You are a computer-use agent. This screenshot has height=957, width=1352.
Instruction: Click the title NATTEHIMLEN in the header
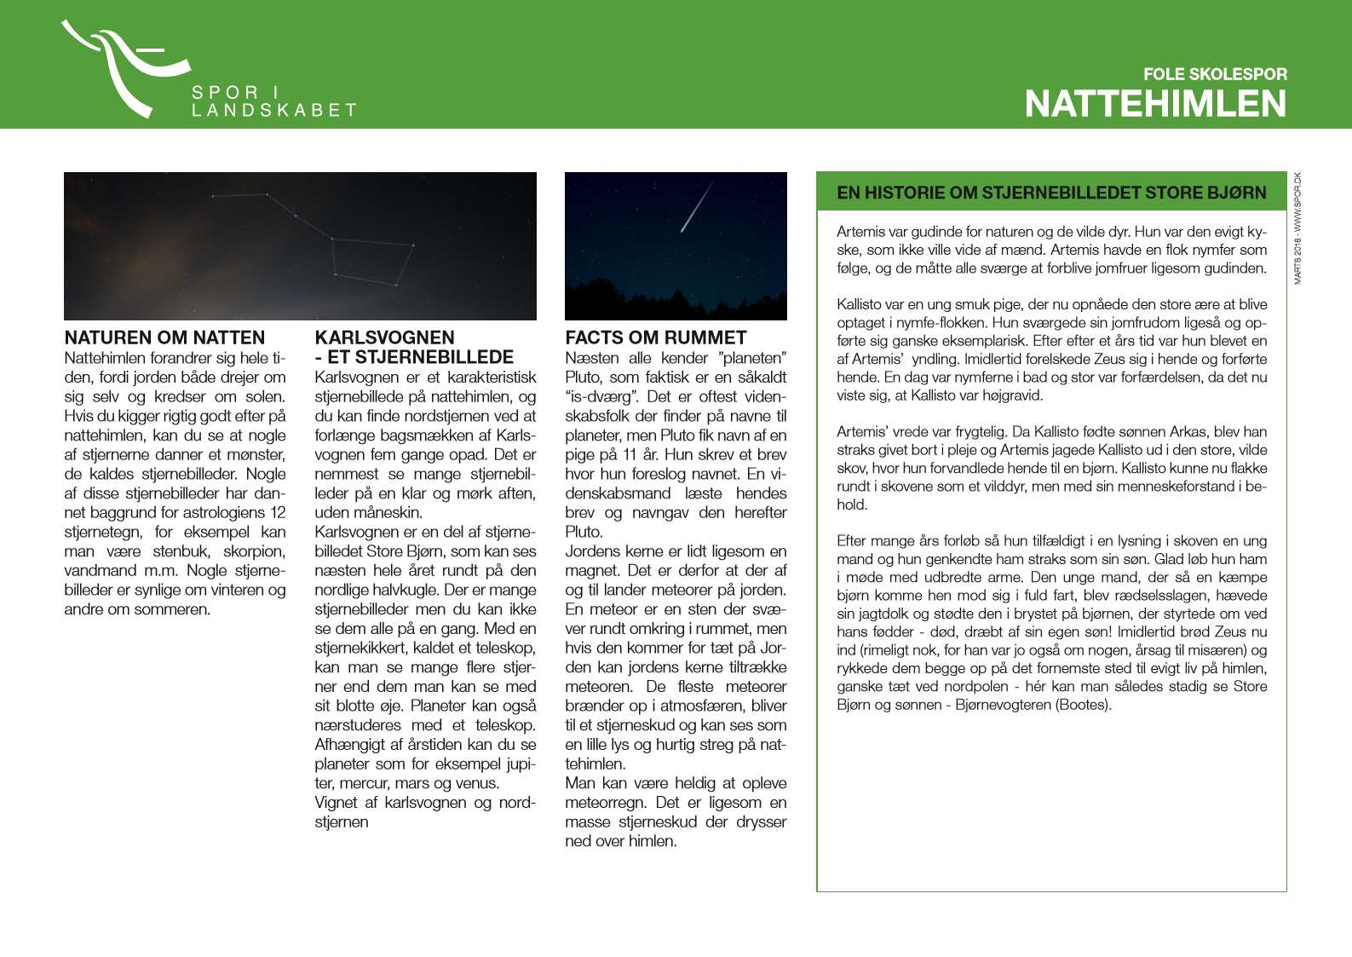click(1155, 104)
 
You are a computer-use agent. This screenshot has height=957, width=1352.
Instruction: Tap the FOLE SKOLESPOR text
click(1214, 74)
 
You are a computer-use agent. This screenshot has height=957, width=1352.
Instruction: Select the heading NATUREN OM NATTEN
click(164, 337)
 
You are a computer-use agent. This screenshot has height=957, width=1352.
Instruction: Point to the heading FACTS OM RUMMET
click(655, 337)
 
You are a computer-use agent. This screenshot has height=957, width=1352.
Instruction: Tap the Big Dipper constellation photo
click(300, 245)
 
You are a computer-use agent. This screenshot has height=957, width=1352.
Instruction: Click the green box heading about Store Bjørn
click(1050, 193)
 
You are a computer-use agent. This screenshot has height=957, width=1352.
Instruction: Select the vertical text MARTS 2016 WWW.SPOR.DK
click(1297, 228)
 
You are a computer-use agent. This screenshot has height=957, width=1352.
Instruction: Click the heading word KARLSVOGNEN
click(384, 337)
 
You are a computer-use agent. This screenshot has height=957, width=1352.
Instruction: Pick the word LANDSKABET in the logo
click(273, 111)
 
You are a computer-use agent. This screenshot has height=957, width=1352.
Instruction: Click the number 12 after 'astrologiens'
click(278, 512)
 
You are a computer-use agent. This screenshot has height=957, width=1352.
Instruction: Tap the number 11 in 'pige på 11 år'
click(630, 454)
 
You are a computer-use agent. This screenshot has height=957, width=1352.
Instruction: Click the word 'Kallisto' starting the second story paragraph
click(860, 304)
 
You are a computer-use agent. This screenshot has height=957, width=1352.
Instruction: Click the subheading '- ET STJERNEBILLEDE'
click(414, 357)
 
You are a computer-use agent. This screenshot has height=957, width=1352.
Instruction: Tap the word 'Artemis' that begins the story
click(860, 232)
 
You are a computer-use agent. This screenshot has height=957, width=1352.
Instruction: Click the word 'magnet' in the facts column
click(588, 570)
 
